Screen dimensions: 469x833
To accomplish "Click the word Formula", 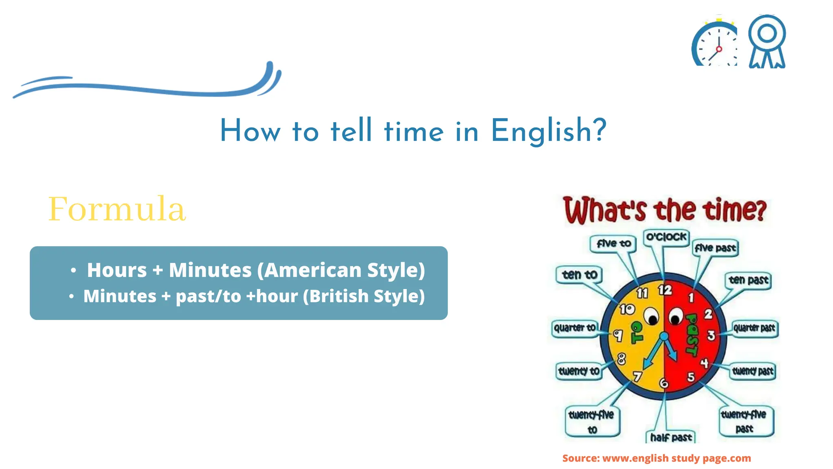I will [x=117, y=209].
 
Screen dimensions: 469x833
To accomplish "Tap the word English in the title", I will [x=548, y=131].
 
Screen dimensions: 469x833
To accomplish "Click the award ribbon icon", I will [x=767, y=42].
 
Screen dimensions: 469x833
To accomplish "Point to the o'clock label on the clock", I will [x=666, y=237].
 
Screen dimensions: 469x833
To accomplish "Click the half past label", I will [x=671, y=437].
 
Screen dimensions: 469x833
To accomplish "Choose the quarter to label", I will [x=574, y=328].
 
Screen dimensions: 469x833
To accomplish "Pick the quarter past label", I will [x=754, y=328].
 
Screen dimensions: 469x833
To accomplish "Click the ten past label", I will [x=748, y=281].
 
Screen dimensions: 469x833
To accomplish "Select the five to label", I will [x=613, y=243].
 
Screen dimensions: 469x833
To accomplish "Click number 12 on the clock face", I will [x=665, y=290].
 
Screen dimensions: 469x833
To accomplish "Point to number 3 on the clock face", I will [x=711, y=335].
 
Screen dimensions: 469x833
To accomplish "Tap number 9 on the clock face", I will [x=618, y=335].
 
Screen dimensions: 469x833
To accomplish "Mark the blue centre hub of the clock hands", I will [x=664, y=337].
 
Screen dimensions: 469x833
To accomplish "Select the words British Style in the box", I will [x=364, y=296].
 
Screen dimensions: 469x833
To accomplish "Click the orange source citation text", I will [x=656, y=458].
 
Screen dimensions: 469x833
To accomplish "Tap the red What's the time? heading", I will [x=665, y=210].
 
